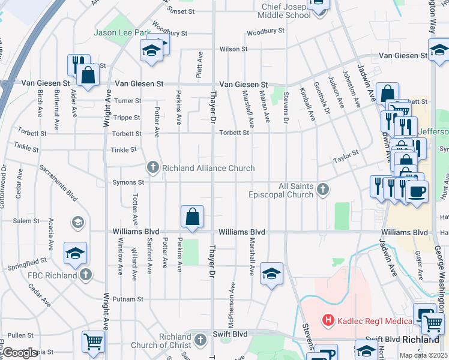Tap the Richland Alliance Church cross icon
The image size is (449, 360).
click(x=153, y=168)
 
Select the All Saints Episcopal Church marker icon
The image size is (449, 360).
click(x=323, y=190)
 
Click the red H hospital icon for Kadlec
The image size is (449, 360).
click(x=328, y=320)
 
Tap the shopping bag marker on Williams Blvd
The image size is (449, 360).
click(x=192, y=217)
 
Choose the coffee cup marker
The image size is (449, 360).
click(x=416, y=191)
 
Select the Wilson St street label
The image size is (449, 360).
click(x=233, y=49)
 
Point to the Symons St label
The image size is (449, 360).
click(x=131, y=182)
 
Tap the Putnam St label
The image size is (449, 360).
click(x=131, y=299)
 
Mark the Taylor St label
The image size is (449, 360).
click(x=346, y=157)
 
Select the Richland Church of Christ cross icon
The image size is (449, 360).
click(x=200, y=340)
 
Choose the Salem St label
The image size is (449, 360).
click(x=26, y=221)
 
